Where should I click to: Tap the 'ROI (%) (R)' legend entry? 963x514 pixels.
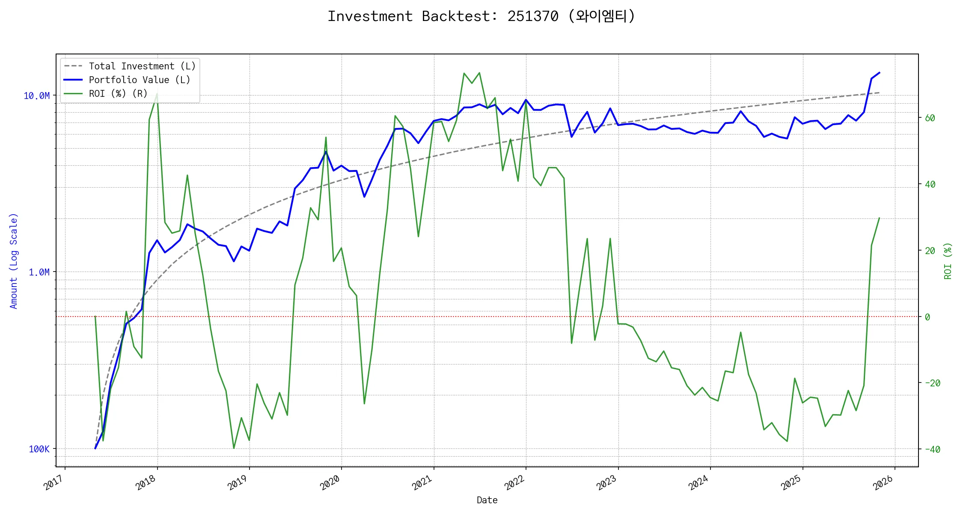(118, 94)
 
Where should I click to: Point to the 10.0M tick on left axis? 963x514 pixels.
(36, 96)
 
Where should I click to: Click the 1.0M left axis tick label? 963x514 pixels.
(39, 272)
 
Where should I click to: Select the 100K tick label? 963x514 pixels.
(39, 449)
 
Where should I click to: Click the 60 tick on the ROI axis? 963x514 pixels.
(930, 118)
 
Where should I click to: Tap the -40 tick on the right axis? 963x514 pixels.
(932, 450)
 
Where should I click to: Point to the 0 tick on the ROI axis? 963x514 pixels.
(927, 317)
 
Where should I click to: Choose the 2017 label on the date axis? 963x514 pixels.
(54, 483)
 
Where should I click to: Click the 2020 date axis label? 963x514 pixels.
(330, 483)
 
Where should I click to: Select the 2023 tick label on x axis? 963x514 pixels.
(607, 483)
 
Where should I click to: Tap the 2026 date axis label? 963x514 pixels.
(883, 483)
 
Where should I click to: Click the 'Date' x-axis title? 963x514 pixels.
(487, 500)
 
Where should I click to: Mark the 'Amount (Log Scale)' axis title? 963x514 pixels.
(14, 261)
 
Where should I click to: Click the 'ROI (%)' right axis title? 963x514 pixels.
(948, 261)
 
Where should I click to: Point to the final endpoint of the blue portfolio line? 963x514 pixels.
(879, 73)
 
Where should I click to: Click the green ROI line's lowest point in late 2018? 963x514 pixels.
(234, 448)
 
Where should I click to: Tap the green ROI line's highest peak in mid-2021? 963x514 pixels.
(479, 73)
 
